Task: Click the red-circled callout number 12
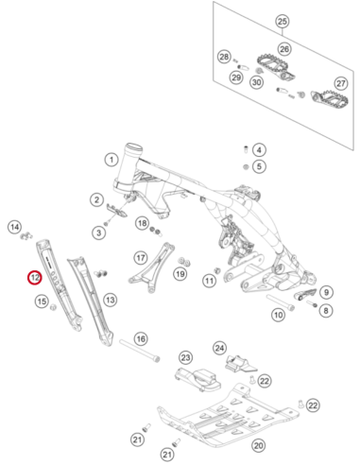[x=35, y=278]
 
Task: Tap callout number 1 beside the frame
[x=111, y=160]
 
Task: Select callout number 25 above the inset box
[x=283, y=22]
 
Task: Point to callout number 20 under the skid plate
[x=258, y=445]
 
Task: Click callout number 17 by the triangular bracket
[x=141, y=258]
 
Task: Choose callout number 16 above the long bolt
[x=141, y=339]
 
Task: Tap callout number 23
[x=185, y=357]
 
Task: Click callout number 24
[x=219, y=348]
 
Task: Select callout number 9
[x=326, y=292]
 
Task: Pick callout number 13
[x=110, y=300]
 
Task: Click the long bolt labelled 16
[x=140, y=351]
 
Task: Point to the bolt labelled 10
[x=281, y=301]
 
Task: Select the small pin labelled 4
[x=247, y=148]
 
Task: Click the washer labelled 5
[x=246, y=166]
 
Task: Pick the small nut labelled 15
[x=53, y=306]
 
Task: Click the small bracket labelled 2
[x=116, y=211]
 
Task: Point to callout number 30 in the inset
[x=257, y=82]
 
